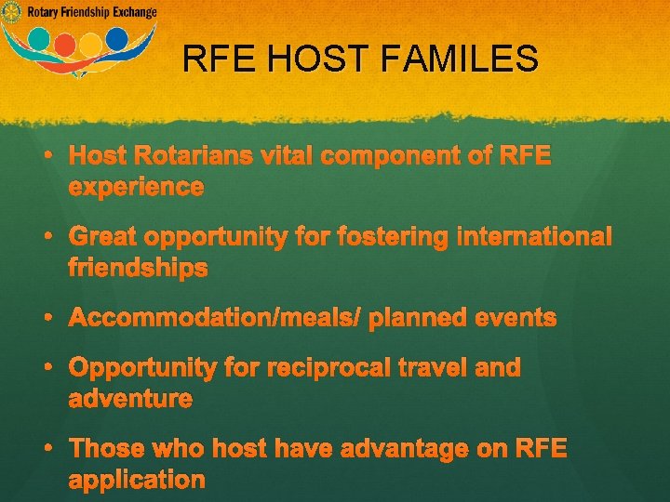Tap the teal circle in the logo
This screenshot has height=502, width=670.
click(x=40, y=39)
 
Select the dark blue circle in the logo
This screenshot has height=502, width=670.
click(x=117, y=38)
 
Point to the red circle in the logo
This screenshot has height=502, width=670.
click(x=65, y=44)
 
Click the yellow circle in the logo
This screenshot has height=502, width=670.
click(x=91, y=44)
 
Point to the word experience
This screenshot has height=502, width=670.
click(x=136, y=188)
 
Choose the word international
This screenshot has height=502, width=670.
click(x=534, y=238)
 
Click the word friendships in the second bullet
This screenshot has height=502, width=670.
click(x=138, y=270)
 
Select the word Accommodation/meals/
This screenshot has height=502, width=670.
click(x=215, y=319)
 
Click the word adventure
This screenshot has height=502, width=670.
click(x=130, y=400)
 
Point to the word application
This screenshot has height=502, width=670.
click(x=137, y=481)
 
